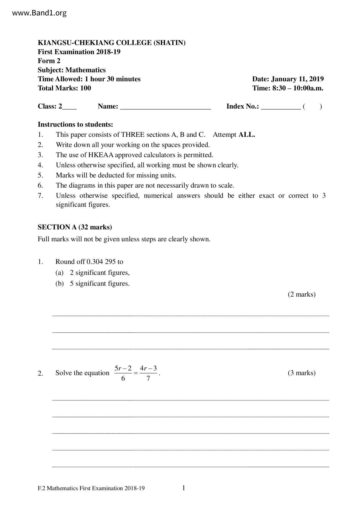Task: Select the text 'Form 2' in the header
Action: coord(49,61)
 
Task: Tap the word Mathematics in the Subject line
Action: coord(85,70)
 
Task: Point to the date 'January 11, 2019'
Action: coord(297,79)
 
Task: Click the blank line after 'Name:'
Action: coord(165,107)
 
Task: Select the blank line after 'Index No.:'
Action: coord(281,107)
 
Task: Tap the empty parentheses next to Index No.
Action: coord(312,107)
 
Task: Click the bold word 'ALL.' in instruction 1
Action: coord(246,135)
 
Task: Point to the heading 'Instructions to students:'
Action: coord(75,124)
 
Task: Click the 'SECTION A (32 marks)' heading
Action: coord(75,227)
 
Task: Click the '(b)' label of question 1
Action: coord(60,284)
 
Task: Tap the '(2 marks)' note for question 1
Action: coord(301,294)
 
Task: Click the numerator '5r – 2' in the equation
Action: coord(123,369)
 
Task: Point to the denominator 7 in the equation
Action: coord(148,378)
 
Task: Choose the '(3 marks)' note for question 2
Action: coord(301,373)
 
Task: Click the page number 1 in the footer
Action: coord(183,488)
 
